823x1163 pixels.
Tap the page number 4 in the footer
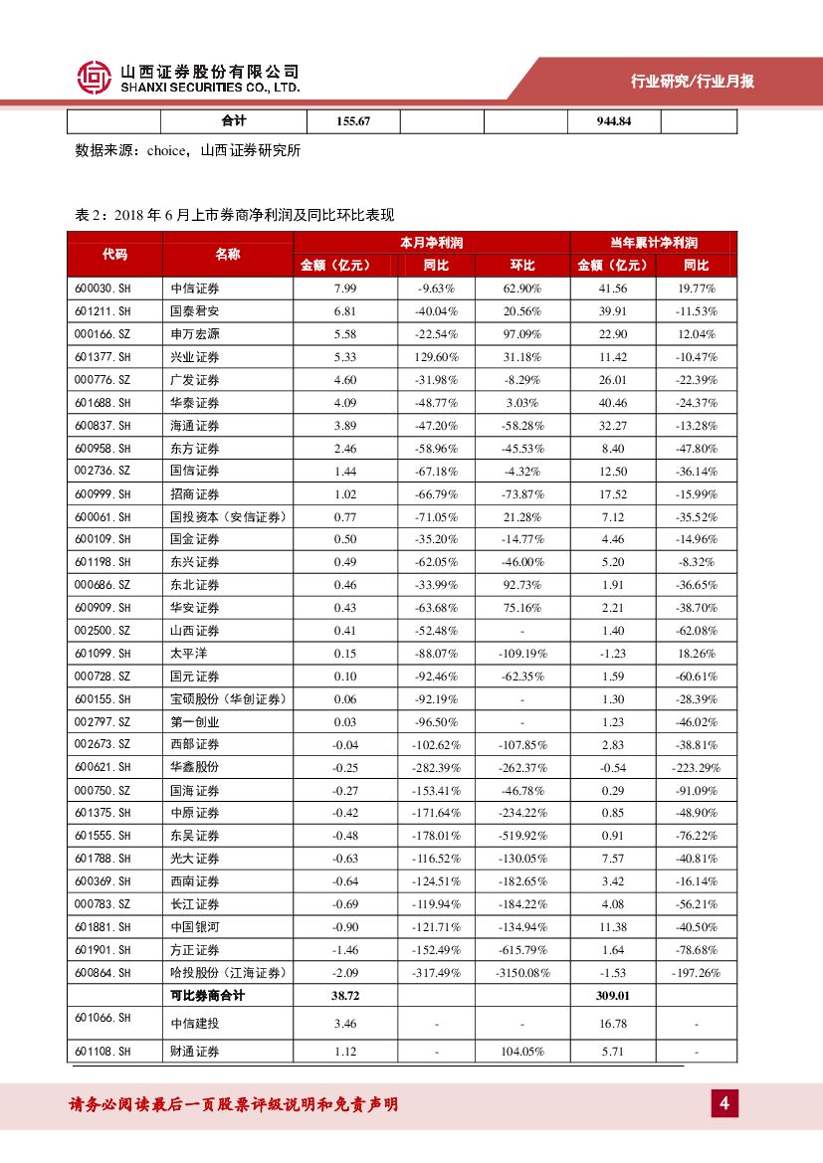[x=724, y=1103]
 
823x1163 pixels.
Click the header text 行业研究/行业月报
[x=693, y=82]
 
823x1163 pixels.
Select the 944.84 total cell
[x=613, y=121]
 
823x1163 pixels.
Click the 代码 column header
[x=114, y=254]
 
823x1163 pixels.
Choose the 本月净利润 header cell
[x=432, y=243]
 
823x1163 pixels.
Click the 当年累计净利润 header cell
[x=654, y=243]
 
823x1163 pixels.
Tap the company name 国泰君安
[x=195, y=311]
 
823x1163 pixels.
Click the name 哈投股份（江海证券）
[x=228, y=973]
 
